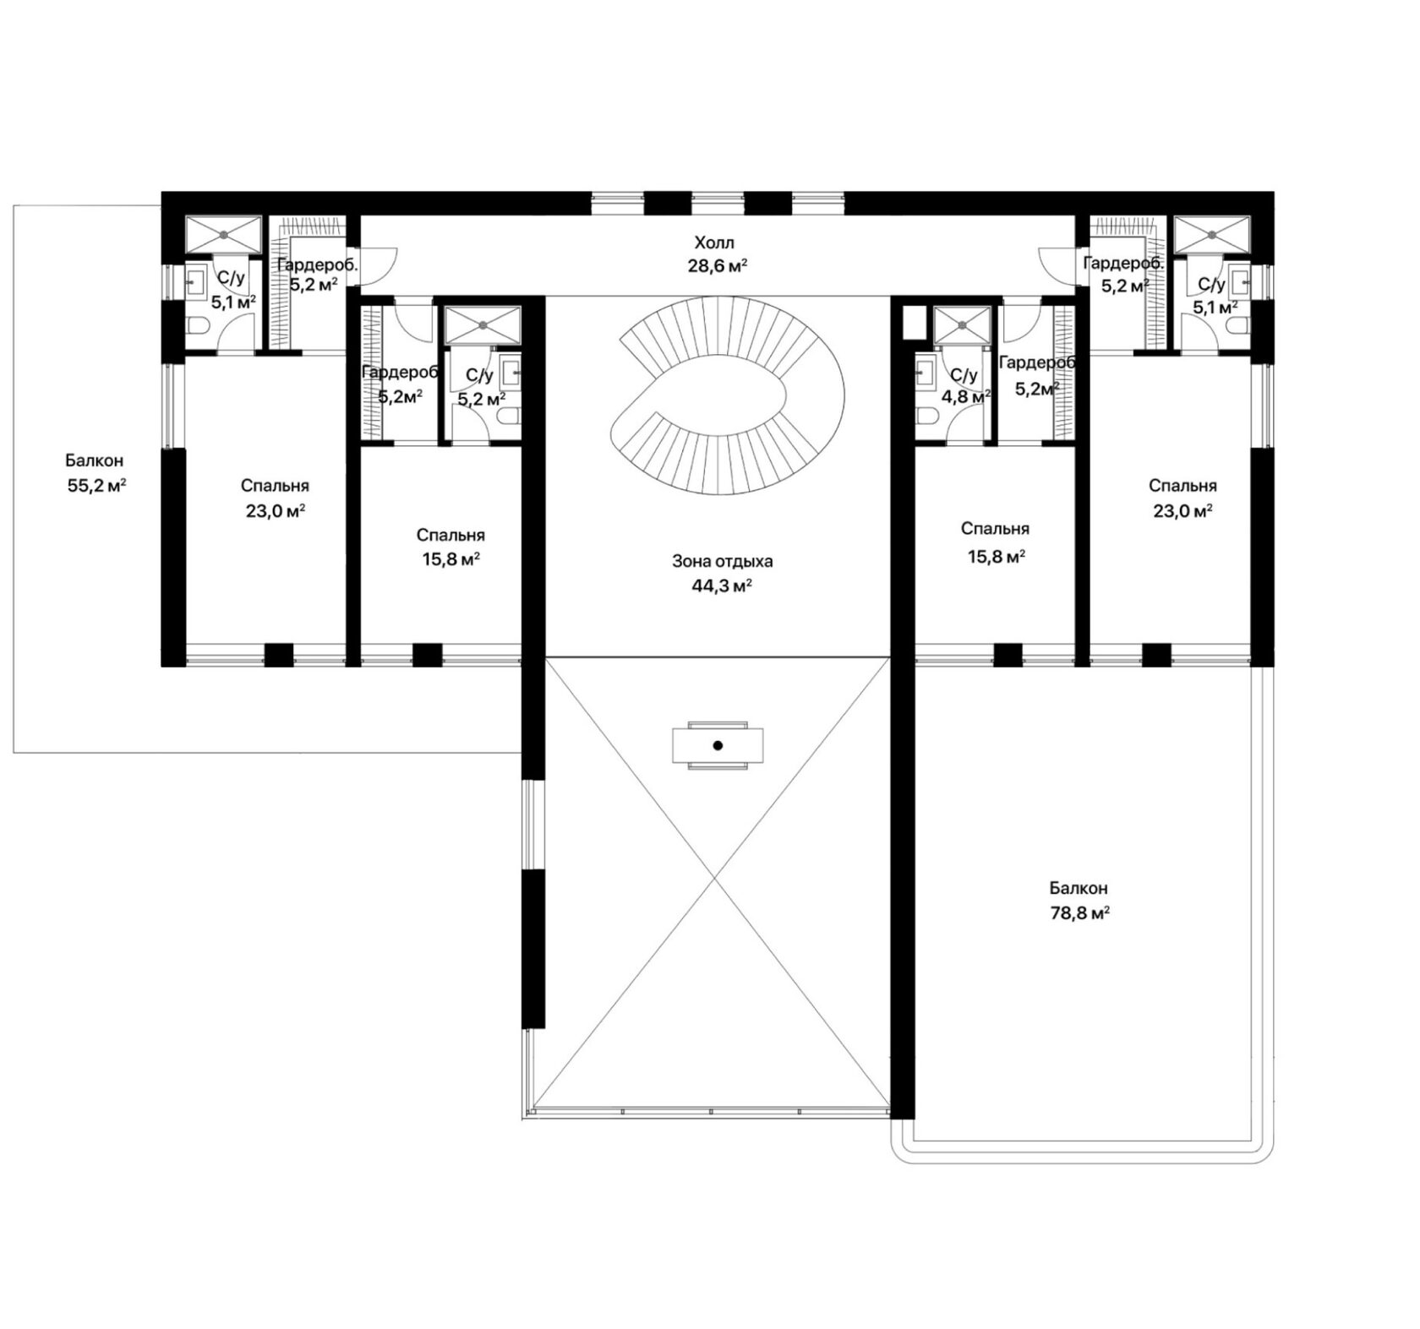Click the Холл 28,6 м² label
717,254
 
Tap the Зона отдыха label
723,561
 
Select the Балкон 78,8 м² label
1079,901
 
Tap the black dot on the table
718,745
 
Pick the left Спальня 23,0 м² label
275,498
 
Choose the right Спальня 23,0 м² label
1182,498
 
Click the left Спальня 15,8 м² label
451,547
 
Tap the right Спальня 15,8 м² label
995,542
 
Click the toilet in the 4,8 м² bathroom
926,417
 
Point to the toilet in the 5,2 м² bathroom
510,417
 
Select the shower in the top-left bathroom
223,234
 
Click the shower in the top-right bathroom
1210,234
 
